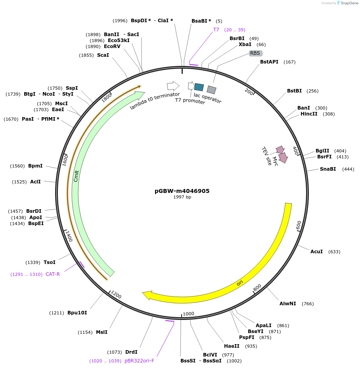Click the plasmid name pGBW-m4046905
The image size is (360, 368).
(182, 191)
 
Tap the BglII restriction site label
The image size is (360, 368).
(322, 151)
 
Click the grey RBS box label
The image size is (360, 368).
(255, 53)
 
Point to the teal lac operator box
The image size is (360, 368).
(199, 87)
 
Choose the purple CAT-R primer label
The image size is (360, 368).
(53, 274)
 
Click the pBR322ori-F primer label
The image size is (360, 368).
(139, 361)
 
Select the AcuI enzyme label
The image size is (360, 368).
(316, 252)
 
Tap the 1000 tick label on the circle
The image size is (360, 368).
(188, 314)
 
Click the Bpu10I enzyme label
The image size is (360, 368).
(77, 313)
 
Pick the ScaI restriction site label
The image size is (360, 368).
(103, 55)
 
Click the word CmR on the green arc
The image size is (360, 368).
(77, 176)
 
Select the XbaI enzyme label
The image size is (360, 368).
(245, 44)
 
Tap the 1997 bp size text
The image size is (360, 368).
(182, 197)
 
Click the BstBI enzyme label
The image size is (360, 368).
(294, 91)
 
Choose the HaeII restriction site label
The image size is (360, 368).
(232, 346)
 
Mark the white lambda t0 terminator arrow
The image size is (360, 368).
(173, 86)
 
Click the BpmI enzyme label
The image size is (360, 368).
(35, 166)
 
